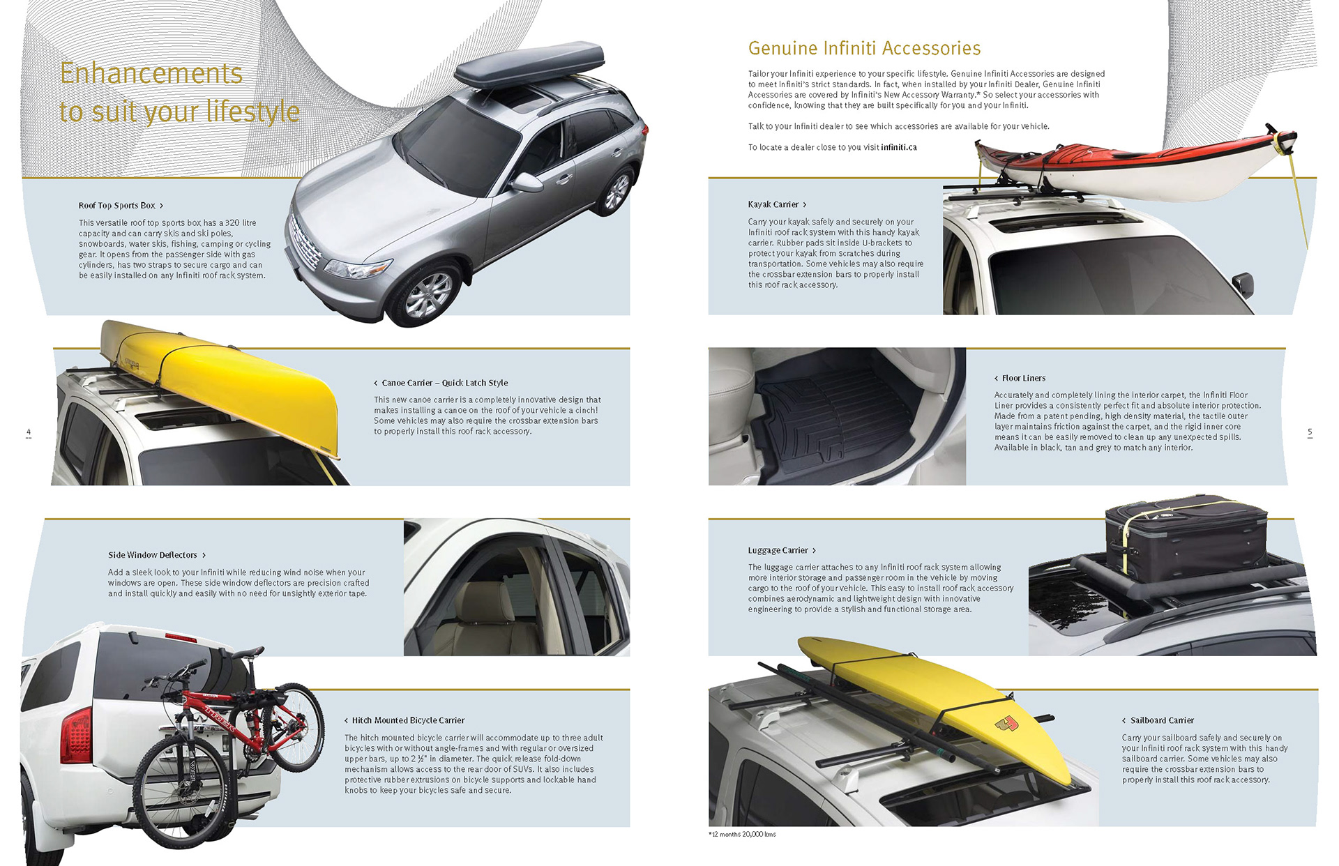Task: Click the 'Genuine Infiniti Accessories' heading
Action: (864, 48)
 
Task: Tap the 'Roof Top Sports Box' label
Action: (117, 206)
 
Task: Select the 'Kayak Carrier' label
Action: (773, 204)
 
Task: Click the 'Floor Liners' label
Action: (1023, 378)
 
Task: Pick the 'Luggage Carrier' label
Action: (778, 550)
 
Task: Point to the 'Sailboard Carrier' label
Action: (1162, 720)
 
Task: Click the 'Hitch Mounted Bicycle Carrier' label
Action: (408, 720)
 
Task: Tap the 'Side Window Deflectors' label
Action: (153, 555)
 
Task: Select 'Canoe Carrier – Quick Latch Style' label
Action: (444, 383)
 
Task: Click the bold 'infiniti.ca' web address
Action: (898, 147)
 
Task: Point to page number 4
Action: (29, 432)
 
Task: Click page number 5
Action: (1310, 432)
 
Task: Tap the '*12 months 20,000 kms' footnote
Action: (742, 834)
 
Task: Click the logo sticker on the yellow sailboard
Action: (1006, 725)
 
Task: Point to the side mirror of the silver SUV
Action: (527, 183)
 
